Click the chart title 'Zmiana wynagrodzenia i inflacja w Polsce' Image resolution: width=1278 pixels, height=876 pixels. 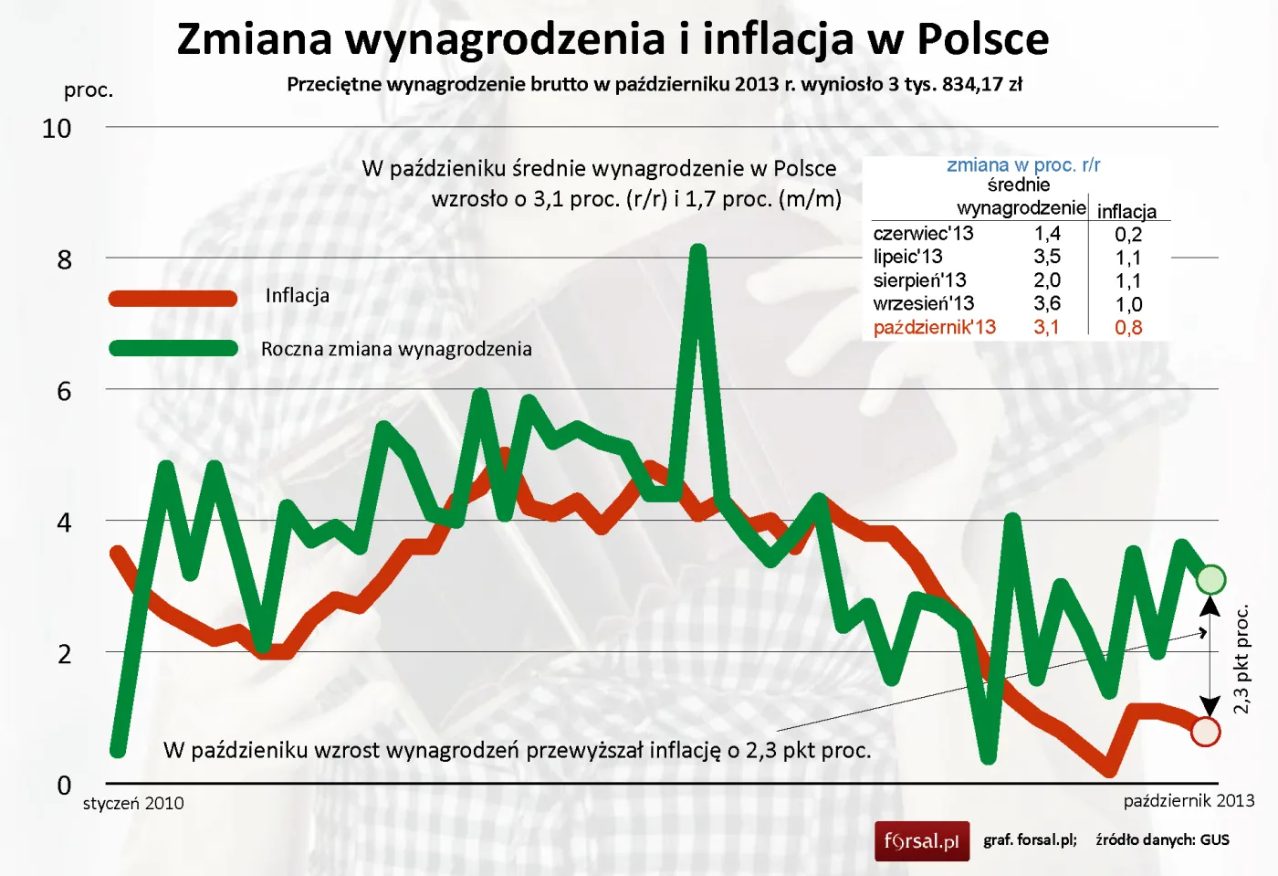(613, 39)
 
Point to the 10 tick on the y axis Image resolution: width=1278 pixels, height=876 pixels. (57, 129)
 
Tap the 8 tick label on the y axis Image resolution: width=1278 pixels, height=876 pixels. (64, 260)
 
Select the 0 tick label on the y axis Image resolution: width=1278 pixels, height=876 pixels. (64, 786)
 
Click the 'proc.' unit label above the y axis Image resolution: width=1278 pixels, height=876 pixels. (89, 90)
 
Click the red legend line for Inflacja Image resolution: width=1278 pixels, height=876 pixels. (173, 298)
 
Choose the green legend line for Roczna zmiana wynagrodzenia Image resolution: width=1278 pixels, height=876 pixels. (173, 348)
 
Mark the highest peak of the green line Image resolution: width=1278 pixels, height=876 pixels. (698, 251)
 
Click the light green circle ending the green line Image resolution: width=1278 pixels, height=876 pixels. (1210, 579)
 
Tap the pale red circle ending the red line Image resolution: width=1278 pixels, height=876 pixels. (1206, 732)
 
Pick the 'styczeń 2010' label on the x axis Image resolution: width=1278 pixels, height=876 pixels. (133, 804)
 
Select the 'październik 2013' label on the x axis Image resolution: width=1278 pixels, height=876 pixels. (1189, 801)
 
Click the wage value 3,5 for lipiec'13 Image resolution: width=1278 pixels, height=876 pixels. (1047, 257)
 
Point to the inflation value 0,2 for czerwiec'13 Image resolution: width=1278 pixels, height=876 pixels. (1128, 234)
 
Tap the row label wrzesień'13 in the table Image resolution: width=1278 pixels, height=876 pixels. (923, 303)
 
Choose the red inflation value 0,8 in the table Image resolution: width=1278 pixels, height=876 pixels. (1128, 327)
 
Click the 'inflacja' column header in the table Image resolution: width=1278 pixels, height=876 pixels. (1126, 211)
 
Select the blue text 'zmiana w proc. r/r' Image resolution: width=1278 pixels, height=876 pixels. (1023, 165)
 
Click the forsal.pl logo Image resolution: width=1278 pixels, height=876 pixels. (922, 840)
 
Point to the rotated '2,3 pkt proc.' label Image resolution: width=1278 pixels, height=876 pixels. (1241, 659)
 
